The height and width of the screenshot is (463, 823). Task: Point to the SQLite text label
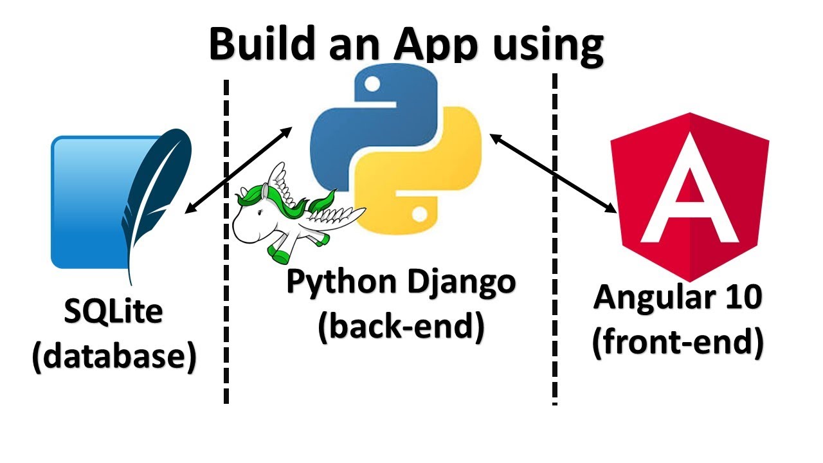(114, 313)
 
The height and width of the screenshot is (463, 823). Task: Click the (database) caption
(114, 356)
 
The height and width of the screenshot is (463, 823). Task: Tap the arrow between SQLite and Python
(238, 170)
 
